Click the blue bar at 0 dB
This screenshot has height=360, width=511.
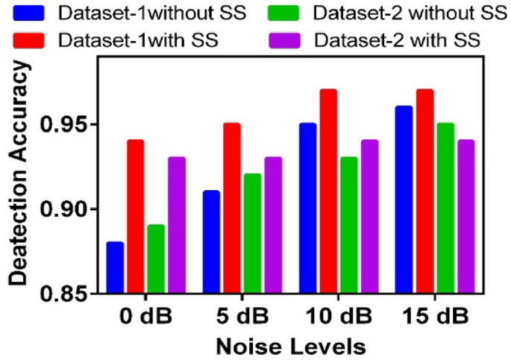click(x=115, y=267)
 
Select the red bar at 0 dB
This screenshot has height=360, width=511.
click(x=135, y=216)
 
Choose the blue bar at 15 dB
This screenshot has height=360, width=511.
click(x=404, y=199)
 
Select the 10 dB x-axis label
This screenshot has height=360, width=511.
click(x=338, y=315)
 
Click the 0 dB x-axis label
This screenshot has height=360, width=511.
click(x=145, y=315)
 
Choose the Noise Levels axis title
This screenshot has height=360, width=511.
click(x=290, y=346)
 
